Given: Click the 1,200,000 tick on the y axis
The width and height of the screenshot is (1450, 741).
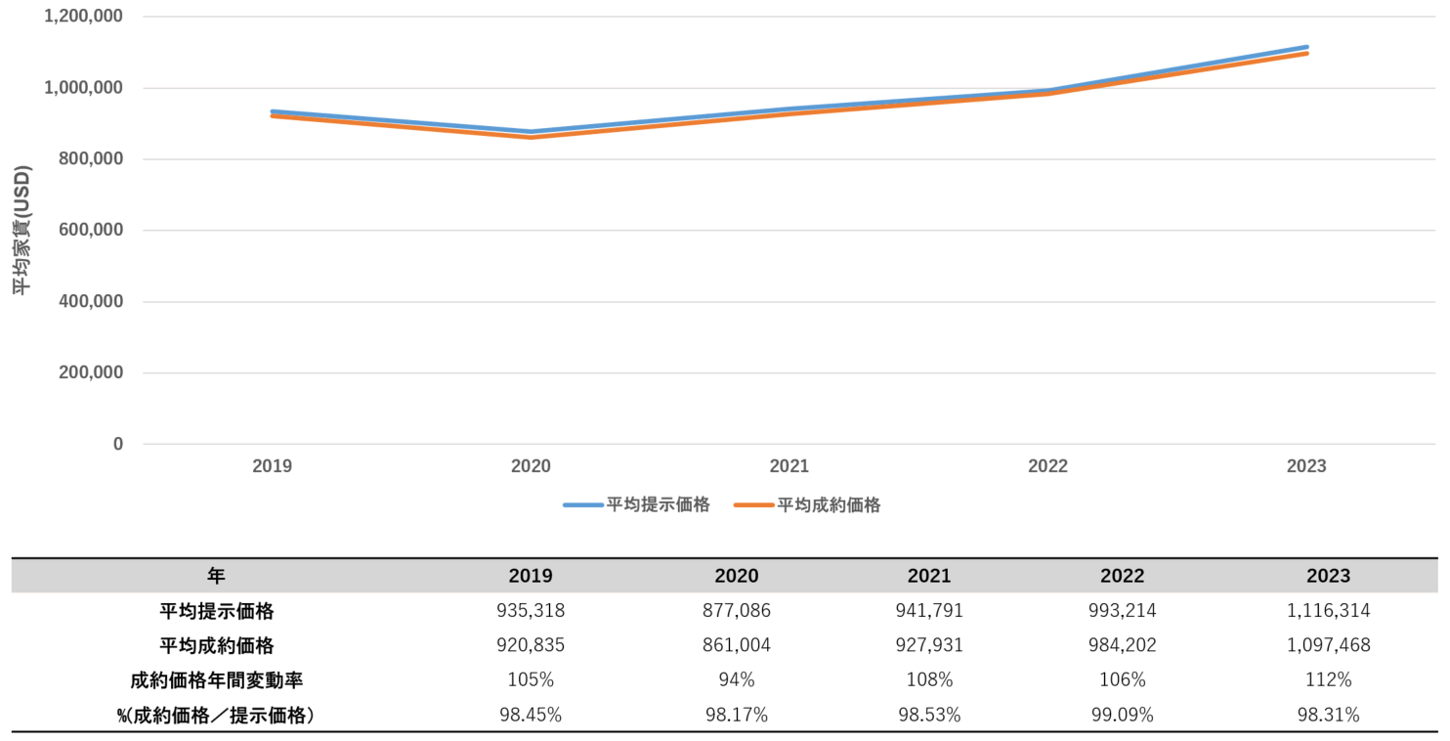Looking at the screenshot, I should [83, 17].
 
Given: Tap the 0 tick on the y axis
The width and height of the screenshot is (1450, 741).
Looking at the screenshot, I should [118, 444].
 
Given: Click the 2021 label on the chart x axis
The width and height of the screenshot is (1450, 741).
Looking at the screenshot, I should [789, 466].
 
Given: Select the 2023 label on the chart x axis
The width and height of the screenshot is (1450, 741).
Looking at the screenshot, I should [1306, 466].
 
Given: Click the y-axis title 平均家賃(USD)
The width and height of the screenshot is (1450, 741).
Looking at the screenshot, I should [21, 230].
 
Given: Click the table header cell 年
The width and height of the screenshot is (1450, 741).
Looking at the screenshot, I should [216, 576].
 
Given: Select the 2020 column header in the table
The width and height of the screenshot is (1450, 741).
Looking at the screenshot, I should [737, 576].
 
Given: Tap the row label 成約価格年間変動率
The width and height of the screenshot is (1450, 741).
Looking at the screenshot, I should [216, 680].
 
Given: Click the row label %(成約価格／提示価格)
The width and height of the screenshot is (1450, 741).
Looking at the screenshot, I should [216, 716].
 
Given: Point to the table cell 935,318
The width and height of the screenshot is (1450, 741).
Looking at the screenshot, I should [531, 611].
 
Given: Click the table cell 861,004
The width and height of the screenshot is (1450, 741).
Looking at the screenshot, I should [737, 646].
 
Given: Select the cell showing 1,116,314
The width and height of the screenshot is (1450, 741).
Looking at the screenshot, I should [1328, 611].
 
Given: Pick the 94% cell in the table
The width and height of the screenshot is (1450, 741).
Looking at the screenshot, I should [737, 680].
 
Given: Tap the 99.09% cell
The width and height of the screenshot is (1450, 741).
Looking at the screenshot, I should [1122, 716].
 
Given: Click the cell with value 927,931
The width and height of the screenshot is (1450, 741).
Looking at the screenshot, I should [929, 646].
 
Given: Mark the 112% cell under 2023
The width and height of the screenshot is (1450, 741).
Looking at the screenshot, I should [1328, 680].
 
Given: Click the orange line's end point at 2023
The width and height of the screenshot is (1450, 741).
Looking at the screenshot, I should [1306, 54].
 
